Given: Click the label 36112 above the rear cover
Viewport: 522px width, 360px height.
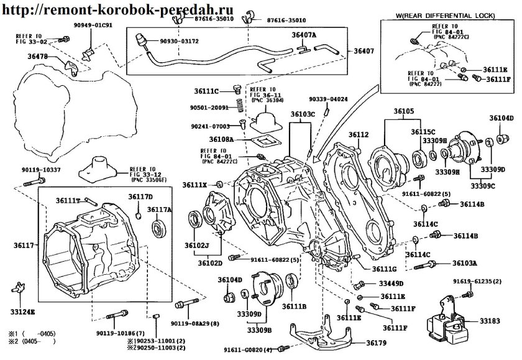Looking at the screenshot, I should tap(359, 135).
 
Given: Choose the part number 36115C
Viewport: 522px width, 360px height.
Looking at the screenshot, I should tap(423, 132).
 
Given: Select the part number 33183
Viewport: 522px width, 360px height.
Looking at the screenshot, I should tap(491, 321).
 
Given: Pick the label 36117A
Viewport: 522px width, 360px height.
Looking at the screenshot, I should tap(160, 210).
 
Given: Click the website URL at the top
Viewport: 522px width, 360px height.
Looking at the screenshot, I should tap(112, 11).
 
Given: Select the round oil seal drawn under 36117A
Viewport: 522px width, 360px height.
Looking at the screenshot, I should tap(159, 228).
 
